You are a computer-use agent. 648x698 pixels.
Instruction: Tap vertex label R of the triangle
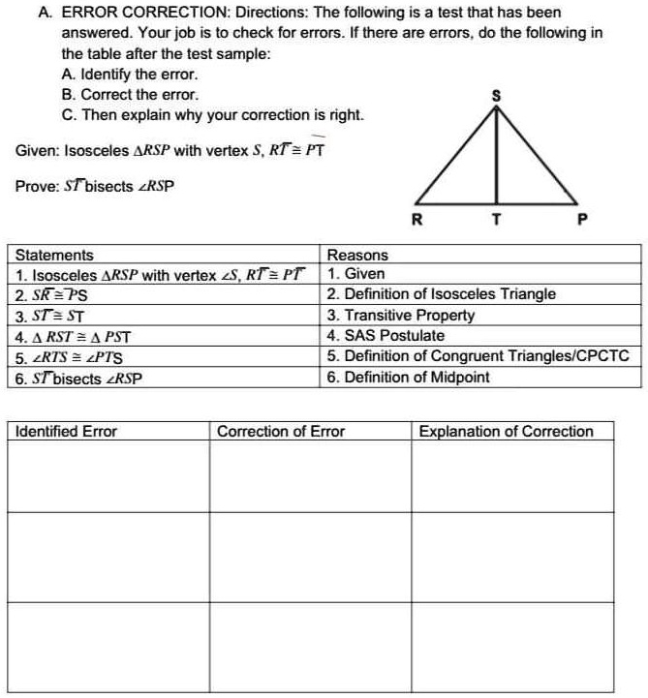pyautogui.click(x=417, y=219)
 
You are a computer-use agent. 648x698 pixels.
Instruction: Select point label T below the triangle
pyautogui.click(x=497, y=219)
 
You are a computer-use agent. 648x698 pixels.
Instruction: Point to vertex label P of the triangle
pyautogui.click(x=582, y=219)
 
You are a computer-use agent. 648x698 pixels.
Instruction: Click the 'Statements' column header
pyautogui.click(x=55, y=255)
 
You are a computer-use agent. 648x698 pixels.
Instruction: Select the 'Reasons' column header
pyautogui.click(x=357, y=255)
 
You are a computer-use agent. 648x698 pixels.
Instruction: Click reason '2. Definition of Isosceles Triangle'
pyautogui.click(x=442, y=294)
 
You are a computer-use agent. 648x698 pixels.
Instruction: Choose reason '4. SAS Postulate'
pyautogui.click(x=386, y=336)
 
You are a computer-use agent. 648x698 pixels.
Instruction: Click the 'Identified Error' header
pyautogui.click(x=66, y=431)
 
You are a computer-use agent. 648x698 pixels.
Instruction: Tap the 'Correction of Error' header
pyautogui.click(x=280, y=431)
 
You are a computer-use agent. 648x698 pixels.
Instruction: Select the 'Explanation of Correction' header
pyautogui.click(x=506, y=431)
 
